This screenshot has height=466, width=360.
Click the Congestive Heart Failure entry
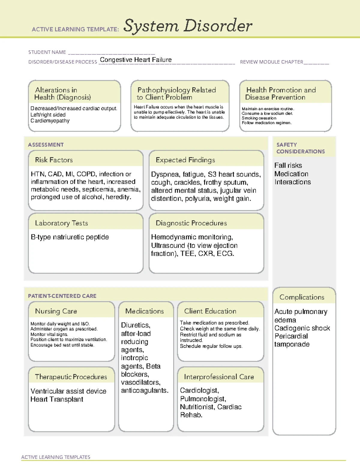[136, 60]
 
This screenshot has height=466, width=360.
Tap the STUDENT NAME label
[47, 52]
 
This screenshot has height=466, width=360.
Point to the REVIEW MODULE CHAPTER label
[271, 62]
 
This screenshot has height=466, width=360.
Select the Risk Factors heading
[54, 160]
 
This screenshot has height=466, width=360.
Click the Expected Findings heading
[185, 160]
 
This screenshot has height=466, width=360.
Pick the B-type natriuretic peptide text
[70, 237]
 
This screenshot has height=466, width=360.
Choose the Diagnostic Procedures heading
[191, 223]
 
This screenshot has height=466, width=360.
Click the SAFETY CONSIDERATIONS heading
[300, 148]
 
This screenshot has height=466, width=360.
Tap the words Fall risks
[288, 165]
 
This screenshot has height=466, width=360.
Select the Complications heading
[302, 297]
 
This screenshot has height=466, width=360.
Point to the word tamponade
[292, 344]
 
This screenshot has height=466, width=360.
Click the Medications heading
[144, 311]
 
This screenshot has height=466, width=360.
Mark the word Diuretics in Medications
[135, 325]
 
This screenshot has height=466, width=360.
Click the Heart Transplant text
[57, 399]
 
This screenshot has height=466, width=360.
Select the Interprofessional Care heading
[219, 377]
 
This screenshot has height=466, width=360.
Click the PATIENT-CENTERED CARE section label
[62, 296]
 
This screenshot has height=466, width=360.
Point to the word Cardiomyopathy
[50, 121]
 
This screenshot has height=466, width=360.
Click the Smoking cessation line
[259, 118]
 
